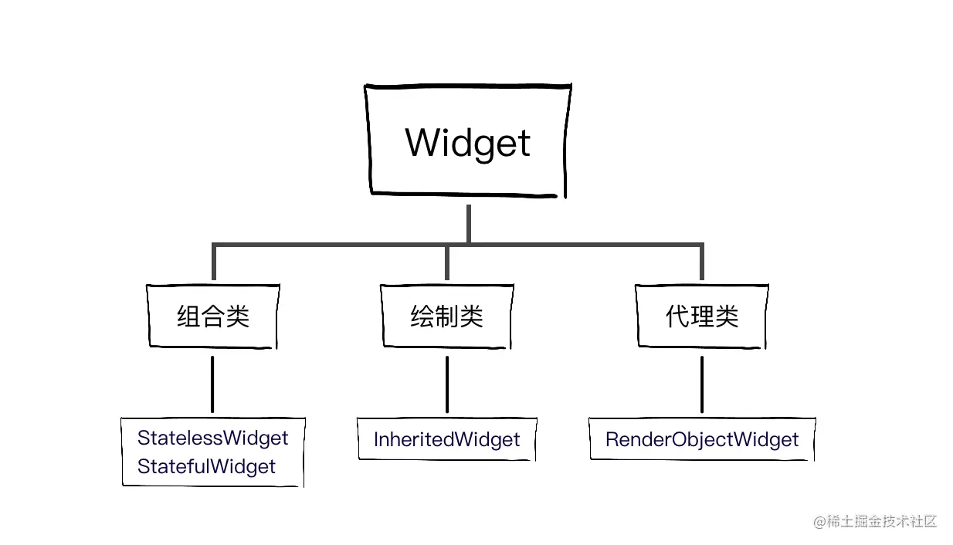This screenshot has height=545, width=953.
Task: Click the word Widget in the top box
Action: click(468, 143)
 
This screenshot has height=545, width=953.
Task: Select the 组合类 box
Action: click(213, 317)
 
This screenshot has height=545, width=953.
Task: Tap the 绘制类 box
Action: click(446, 317)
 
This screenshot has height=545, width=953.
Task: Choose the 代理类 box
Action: click(701, 317)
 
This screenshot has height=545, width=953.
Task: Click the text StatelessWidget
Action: click(212, 438)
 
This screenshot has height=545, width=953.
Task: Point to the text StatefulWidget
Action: click(206, 466)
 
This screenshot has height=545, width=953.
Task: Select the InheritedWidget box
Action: click(446, 440)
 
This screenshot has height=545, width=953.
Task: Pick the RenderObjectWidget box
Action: click(701, 440)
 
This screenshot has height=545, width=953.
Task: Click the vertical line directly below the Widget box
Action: click(468, 224)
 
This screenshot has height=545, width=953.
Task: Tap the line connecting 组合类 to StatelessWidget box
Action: click(212, 384)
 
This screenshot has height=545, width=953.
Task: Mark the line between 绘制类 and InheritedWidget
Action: click(446, 384)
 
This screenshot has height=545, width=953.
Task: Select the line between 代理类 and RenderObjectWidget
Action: click(701, 384)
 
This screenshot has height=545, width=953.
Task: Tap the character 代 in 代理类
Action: click(677, 317)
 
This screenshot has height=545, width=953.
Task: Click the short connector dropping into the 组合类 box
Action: click(214, 265)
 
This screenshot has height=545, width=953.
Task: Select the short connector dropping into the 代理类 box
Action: click(701, 265)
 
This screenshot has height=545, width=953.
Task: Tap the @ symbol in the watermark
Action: click(819, 522)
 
